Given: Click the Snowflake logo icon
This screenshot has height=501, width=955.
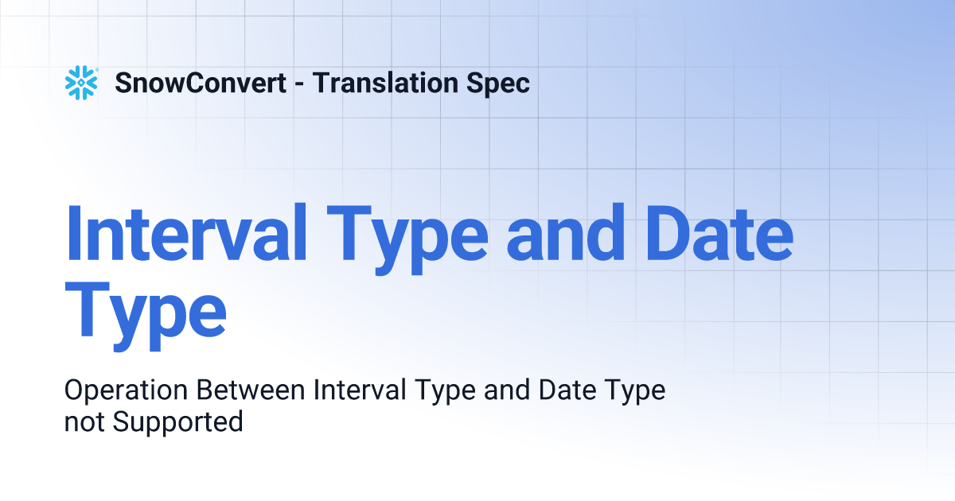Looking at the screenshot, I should click(x=80, y=83).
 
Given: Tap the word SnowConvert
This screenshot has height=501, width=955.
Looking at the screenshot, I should click(x=201, y=83).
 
